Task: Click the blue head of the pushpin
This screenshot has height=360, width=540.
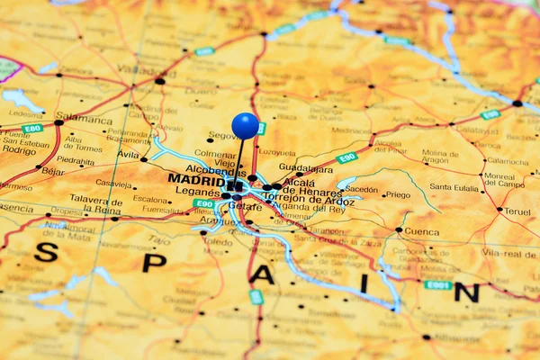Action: coord(245,125)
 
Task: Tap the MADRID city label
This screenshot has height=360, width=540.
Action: coord(196,179)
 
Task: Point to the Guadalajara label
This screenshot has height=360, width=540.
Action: coord(305,167)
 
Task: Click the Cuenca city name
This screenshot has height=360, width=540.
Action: coord(421,231)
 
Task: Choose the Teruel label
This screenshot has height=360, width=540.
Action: coord(517,212)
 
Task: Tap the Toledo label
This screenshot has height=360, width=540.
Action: coord(218,242)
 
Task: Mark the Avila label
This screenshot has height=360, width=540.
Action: coord(128,154)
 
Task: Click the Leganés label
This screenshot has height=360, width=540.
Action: coord(197,192)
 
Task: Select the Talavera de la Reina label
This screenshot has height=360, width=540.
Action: coord(95,203)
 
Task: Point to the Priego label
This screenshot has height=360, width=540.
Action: coord(398,194)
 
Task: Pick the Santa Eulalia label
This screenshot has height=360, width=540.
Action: coord(454,187)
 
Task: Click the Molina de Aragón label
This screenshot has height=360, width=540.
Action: coord(441,157)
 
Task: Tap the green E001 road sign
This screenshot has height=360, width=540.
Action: coord(438,284)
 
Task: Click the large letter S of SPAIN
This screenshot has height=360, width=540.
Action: coord(46,252)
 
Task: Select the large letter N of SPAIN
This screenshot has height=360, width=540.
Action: coord(465,292)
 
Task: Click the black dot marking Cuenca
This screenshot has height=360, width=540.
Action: coord(399,229)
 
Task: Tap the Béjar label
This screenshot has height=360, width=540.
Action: coord(53,171)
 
